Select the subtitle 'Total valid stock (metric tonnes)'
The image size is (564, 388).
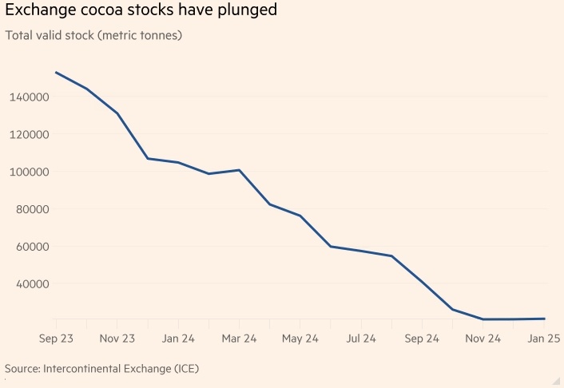(94, 37)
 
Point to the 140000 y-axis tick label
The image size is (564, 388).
(30, 97)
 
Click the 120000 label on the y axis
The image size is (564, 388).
(30, 135)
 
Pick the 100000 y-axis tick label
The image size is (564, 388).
(30, 172)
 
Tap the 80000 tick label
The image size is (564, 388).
(34, 210)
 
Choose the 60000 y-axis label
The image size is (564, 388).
(34, 247)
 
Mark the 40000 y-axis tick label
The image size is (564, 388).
(34, 284)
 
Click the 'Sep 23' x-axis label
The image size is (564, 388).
(56, 339)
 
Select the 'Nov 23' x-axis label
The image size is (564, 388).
(117, 339)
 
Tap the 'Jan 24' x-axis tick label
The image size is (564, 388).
(178, 339)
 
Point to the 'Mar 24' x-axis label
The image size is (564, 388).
(239, 339)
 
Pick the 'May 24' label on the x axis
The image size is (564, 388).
(300, 339)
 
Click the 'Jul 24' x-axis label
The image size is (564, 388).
(361, 339)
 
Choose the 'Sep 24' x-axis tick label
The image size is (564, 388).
(422, 339)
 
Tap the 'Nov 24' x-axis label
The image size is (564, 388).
(483, 339)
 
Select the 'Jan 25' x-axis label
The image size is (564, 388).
(544, 339)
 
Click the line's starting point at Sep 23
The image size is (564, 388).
(56, 73)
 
